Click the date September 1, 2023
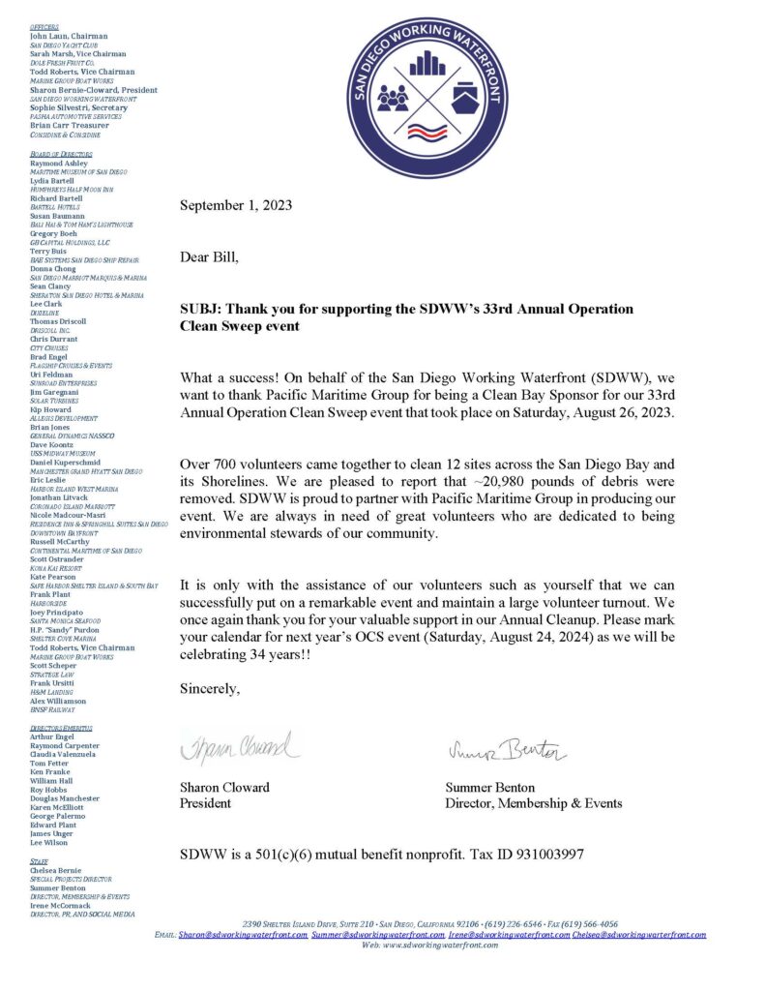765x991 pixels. pos(236,205)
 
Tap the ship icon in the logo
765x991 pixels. pos(463,99)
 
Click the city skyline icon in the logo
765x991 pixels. pos(427,65)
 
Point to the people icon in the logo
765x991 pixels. pos(392,98)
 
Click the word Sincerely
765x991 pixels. pos(210,689)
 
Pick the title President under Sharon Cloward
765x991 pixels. pos(206,803)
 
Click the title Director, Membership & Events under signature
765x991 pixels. pos(533,803)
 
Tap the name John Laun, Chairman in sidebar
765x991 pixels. pos(69,36)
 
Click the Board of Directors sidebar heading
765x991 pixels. pos(61,154)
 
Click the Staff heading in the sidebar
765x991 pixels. pos(39,859)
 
